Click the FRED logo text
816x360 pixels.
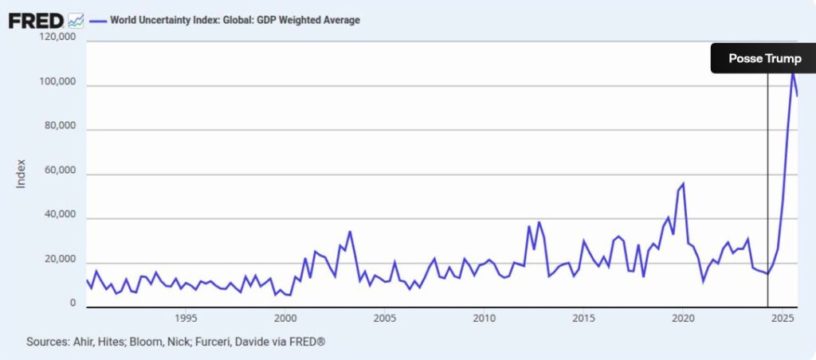(36, 20)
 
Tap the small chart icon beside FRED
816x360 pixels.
(76, 20)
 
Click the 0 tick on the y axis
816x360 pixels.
(73, 303)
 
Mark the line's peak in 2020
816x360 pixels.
(683, 184)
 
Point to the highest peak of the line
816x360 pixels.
(793, 72)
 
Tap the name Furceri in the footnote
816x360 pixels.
(234, 341)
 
